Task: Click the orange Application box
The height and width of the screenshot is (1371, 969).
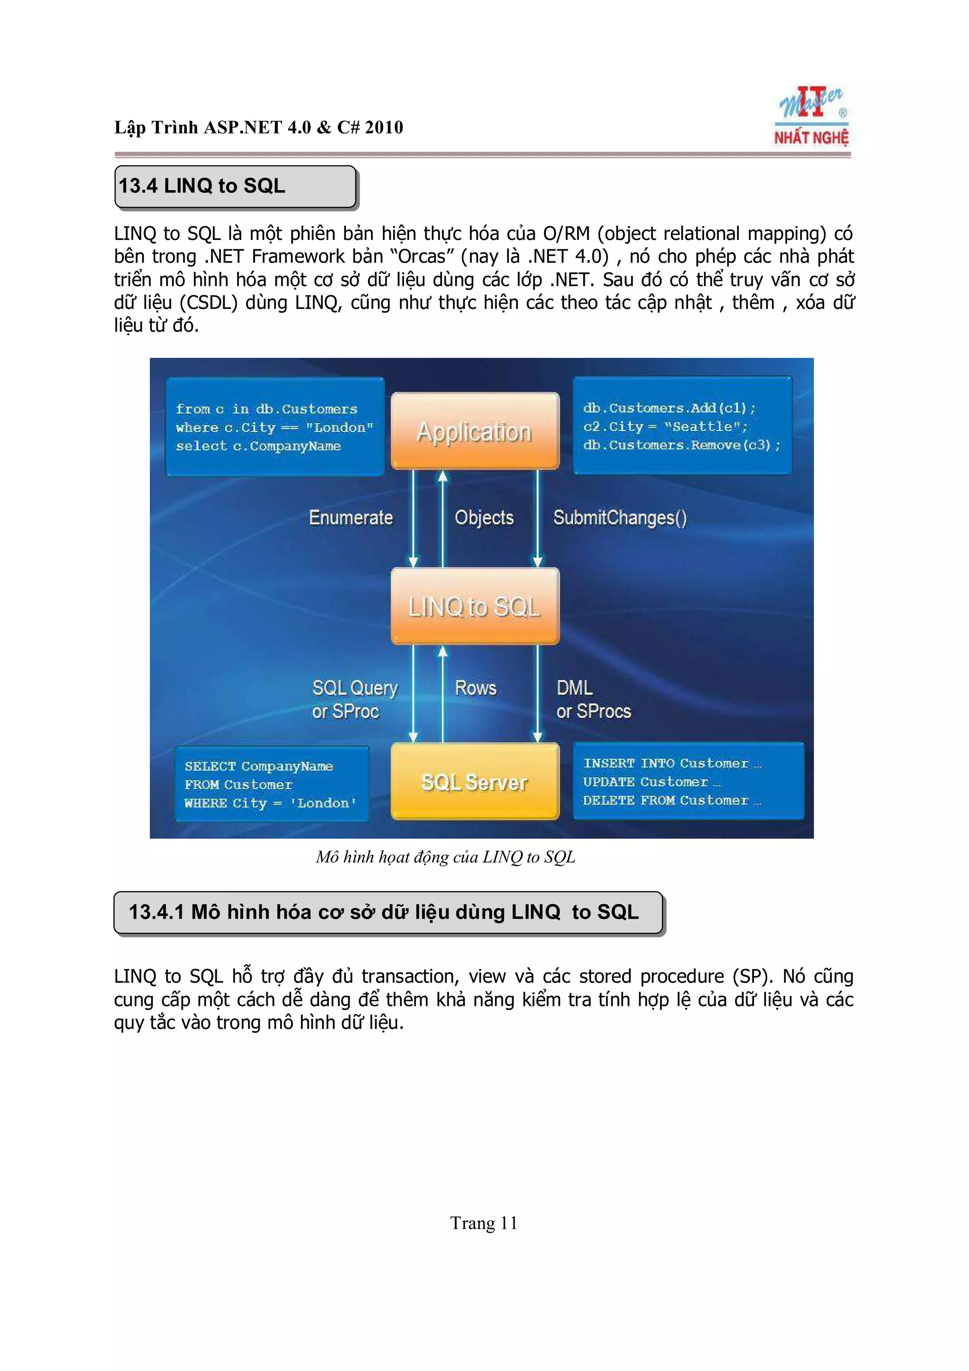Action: (x=475, y=431)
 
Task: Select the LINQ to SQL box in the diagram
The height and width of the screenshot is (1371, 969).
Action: (x=475, y=606)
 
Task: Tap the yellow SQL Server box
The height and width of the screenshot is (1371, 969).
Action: (x=475, y=781)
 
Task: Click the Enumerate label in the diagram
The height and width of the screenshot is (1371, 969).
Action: (x=351, y=517)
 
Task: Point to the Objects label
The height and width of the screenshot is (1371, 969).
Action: (x=484, y=517)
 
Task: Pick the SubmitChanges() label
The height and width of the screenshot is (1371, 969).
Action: (x=620, y=517)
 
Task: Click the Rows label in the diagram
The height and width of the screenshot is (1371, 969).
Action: (x=475, y=687)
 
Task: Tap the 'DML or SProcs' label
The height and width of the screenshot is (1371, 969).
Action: (x=593, y=699)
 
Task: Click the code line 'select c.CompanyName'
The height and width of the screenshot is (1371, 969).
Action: (x=258, y=446)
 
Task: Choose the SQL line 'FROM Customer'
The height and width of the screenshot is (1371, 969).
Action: (x=238, y=785)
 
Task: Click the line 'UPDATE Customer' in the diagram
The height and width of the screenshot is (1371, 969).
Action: (x=652, y=782)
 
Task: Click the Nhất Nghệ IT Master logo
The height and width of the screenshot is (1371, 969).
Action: (x=811, y=117)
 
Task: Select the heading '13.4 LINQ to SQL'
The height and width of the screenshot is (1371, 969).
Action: (x=202, y=186)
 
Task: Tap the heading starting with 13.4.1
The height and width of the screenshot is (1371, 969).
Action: (x=384, y=912)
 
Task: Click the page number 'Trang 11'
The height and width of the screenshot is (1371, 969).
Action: (x=484, y=1223)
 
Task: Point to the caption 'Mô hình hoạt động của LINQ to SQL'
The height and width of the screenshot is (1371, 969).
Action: (x=445, y=857)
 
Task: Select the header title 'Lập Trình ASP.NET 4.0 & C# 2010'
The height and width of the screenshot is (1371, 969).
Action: (x=258, y=127)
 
